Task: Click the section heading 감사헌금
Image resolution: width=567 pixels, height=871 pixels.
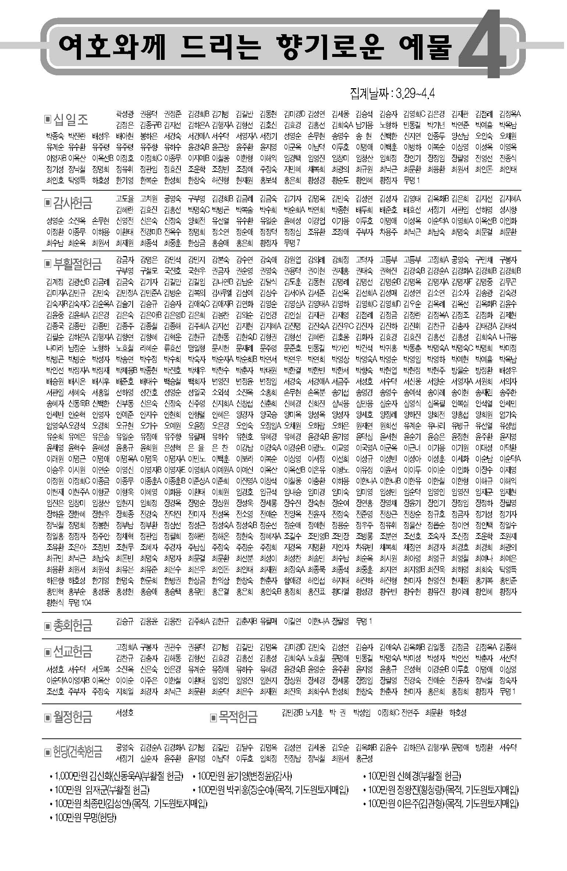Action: pos(73,202)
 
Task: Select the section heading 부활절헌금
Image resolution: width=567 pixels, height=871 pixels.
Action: pos(77,263)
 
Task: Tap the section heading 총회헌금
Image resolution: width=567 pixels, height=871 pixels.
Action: pos(73,625)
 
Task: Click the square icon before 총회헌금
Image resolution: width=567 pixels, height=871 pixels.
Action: pos(47,625)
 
